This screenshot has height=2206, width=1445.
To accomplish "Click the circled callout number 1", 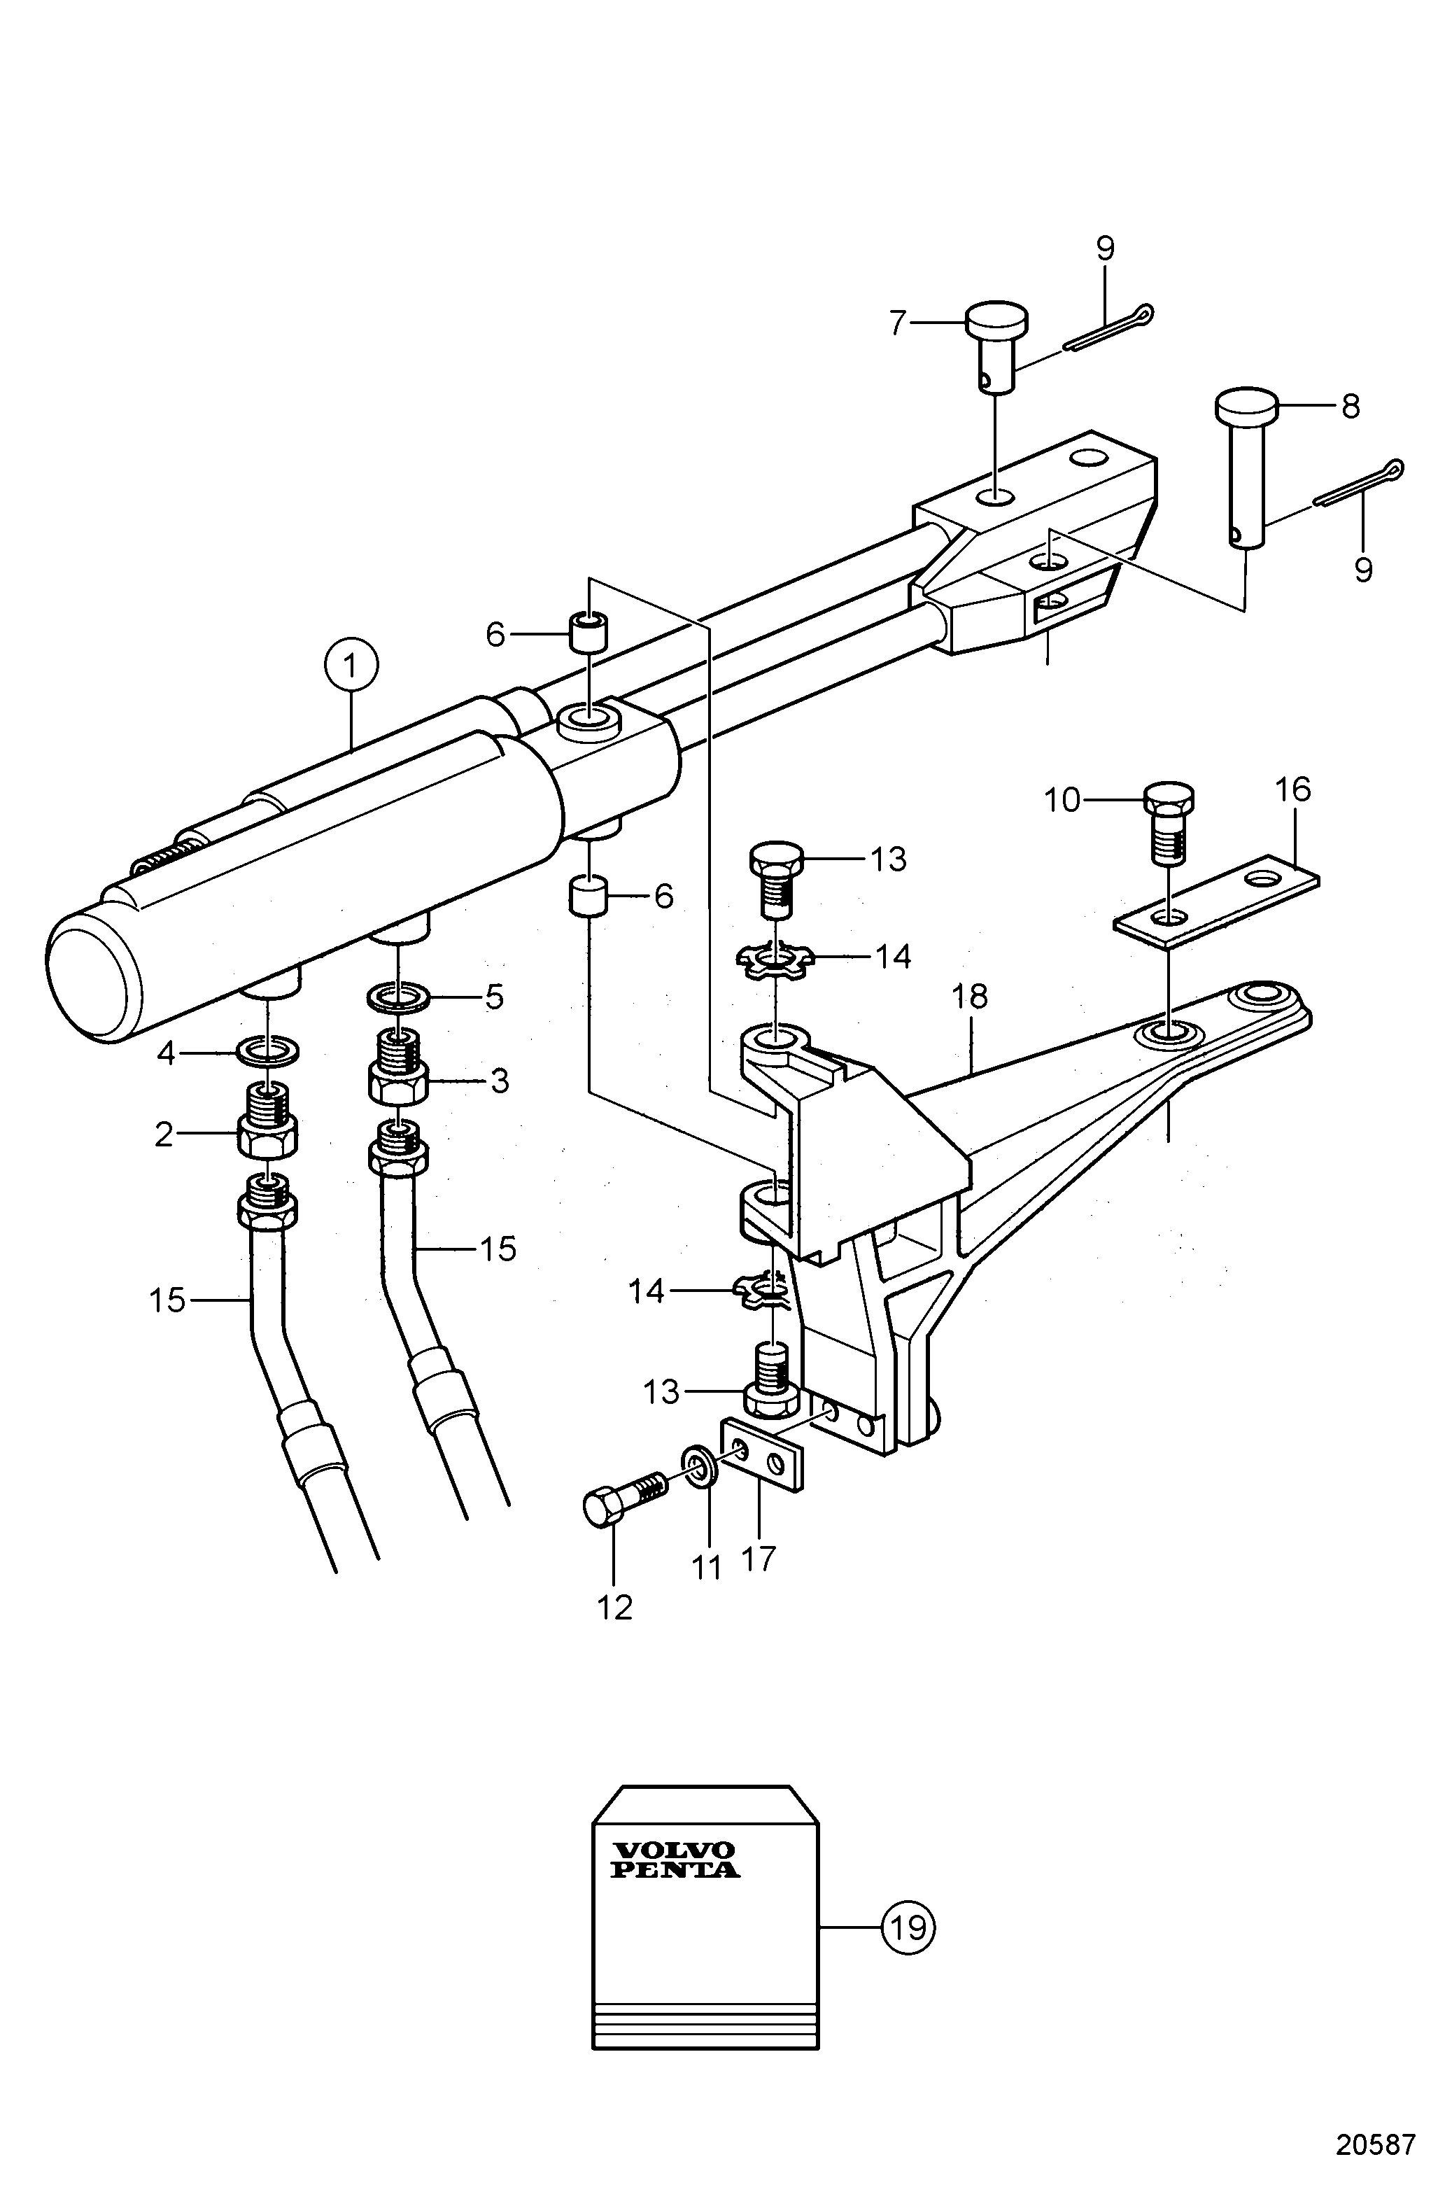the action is tap(351, 665).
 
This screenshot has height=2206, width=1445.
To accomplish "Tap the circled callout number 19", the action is tap(908, 1929).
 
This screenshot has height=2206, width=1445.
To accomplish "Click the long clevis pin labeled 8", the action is tap(1246, 469).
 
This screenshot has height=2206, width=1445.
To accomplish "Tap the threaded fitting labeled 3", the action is tap(397, 1069).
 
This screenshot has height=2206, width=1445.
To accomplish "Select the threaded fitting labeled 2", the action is tap(268, 1120).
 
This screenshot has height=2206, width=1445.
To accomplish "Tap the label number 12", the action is tap(614, 1606).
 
